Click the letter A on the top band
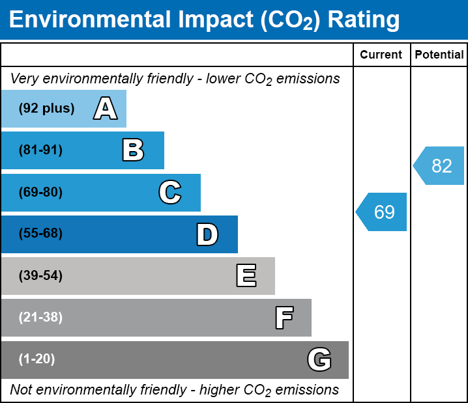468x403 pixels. click(106, 109)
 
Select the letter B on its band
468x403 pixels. click(133, 150)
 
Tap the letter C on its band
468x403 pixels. click(170, 192)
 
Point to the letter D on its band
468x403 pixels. click(207, 234)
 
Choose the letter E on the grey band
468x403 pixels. click(246, 276)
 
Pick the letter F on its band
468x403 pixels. click(284, 318)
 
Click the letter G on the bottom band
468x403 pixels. click(319, 359)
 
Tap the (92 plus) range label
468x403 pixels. click(46, 109)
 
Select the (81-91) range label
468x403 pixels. click(40, 150)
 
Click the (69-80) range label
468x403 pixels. click(40, 192)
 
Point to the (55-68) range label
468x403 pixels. click(40, 234)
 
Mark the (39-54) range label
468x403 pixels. click(40, 276)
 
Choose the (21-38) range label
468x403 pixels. click(40, 318)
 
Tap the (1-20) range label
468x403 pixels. click(37, 359)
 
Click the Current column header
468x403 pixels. click(381, 55)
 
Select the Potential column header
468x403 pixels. click(439, 55)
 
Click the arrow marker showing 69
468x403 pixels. click(383, 212)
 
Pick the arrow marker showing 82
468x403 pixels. click(440, 166)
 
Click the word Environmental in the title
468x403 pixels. click(89, 20)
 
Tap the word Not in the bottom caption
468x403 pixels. click(22, 390)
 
